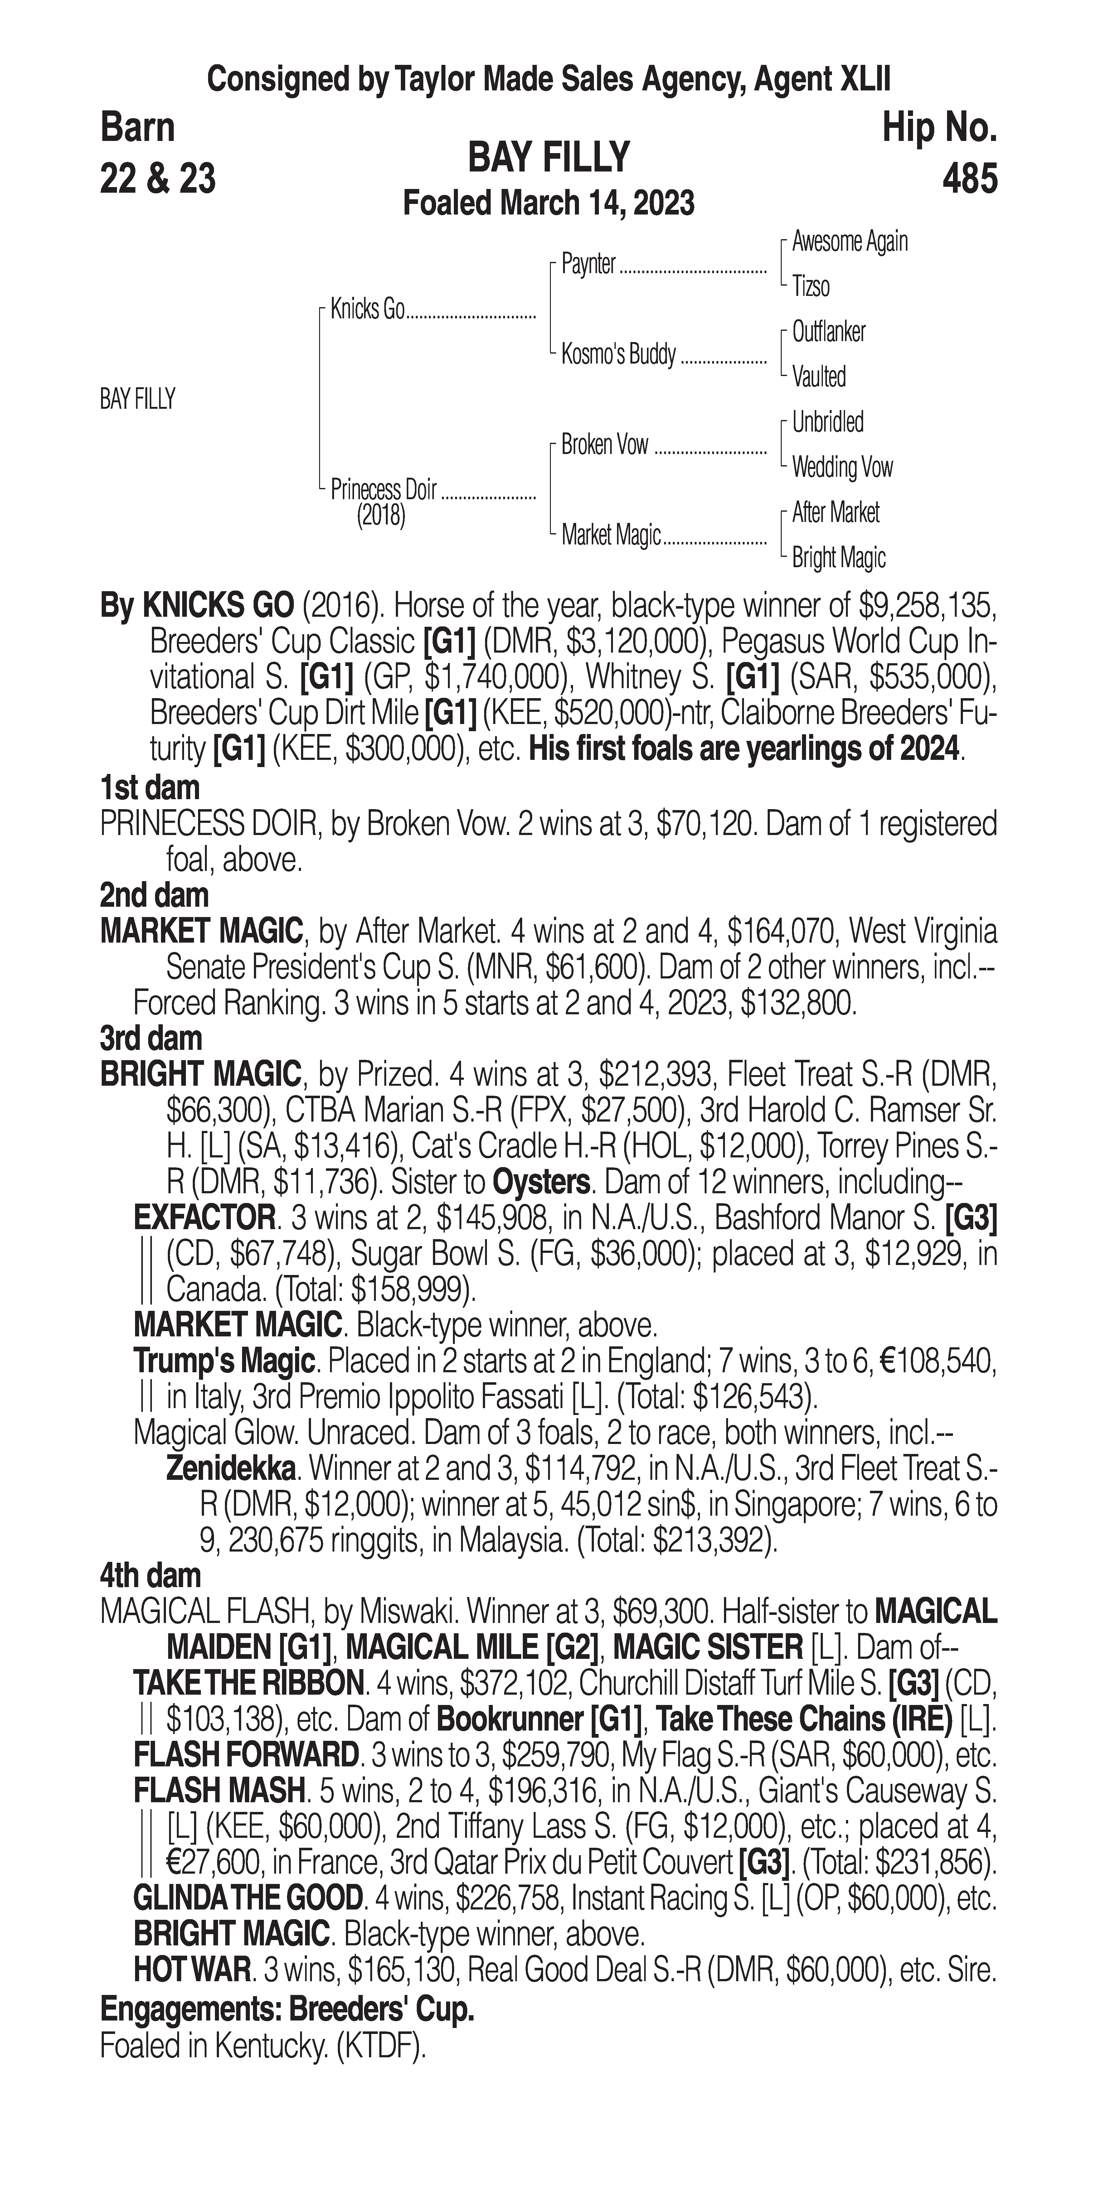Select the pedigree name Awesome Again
pyautogui.click(x=849, y=242)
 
